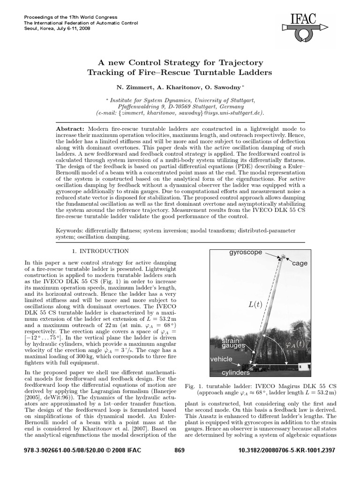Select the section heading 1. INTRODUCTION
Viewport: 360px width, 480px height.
[x=102, y=251]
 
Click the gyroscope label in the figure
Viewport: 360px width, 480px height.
[x=246, y=252]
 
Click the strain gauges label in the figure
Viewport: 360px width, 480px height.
[x=233, y=343]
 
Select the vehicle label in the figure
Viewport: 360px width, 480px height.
[x=221, y=359]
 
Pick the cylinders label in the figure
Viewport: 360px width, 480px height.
[x=236, y=373]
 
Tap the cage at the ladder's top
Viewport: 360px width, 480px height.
[x=283, y=255]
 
